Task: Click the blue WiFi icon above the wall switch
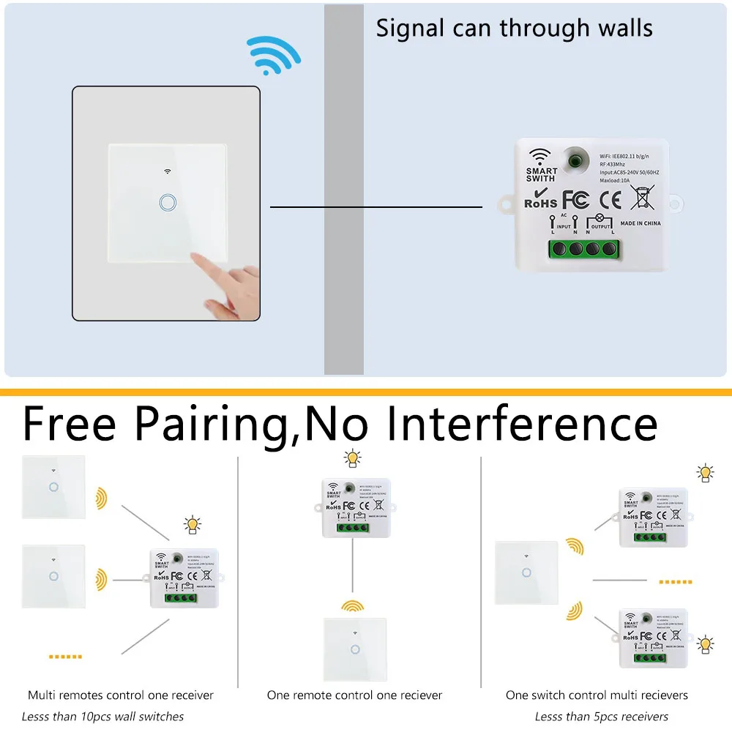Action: (x=273, y=55)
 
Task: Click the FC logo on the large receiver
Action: (x=575, y=199)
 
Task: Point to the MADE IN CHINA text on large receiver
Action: (x=640, y=223)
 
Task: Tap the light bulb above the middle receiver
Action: (x=353, y=459)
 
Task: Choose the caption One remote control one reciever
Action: (x=354, y=695)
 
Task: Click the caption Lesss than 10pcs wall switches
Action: (x=102, y=716)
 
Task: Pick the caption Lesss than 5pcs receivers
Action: (x=601, y=716)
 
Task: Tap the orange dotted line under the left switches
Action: (x=66, y=657)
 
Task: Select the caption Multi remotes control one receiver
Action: (x=121, y=695)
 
